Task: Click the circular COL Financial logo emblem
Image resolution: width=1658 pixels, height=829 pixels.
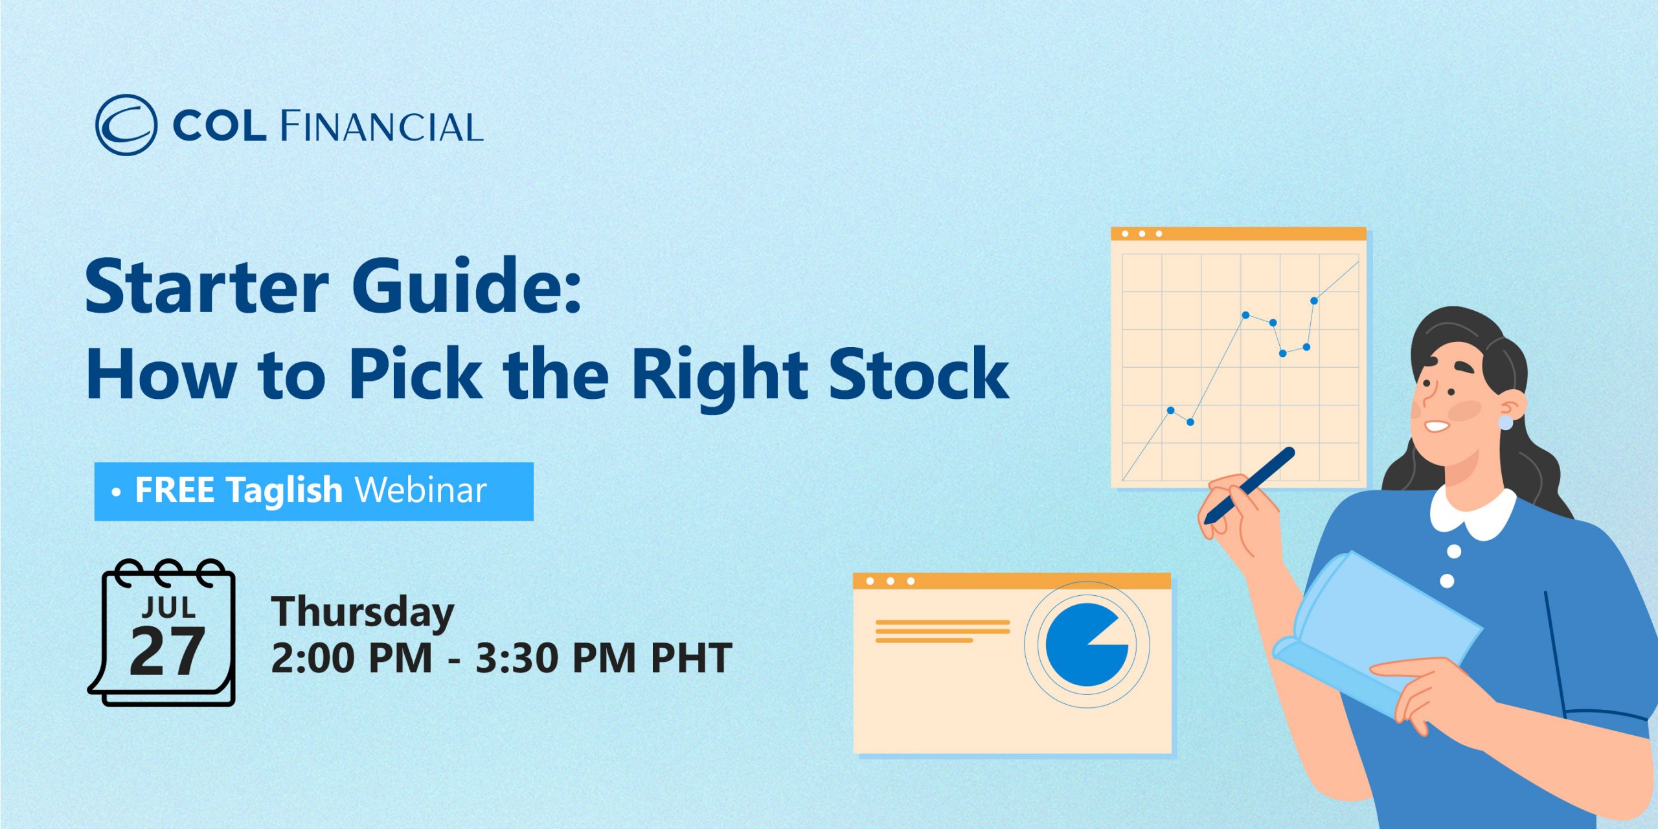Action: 126,125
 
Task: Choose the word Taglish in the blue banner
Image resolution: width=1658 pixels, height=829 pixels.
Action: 284,491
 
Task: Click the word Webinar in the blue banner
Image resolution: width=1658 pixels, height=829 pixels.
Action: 421,490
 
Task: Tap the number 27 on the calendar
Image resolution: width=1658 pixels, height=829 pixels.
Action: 167,652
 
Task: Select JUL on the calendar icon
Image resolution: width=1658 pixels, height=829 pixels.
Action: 169,608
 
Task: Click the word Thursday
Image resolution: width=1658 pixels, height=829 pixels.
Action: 363,613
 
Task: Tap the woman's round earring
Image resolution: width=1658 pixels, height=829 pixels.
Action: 1506,423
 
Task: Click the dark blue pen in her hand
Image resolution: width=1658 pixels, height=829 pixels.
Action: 1249,485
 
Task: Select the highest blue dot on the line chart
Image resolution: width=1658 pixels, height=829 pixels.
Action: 1314,301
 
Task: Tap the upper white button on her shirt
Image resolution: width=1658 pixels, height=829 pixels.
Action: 1454,552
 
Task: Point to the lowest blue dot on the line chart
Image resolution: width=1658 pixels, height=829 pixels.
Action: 1190,422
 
